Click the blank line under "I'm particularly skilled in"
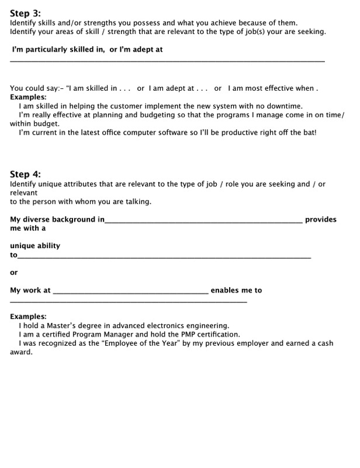(x=167, y=61)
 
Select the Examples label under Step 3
(x=28, y=97)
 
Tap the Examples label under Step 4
(x=28, y=316)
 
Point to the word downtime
(x=284, y=106)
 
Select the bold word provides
(x=321, y=219)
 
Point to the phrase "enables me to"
(x=236, y=290)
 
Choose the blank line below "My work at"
(x=129, y=302)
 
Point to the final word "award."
(x=22, y=352)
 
